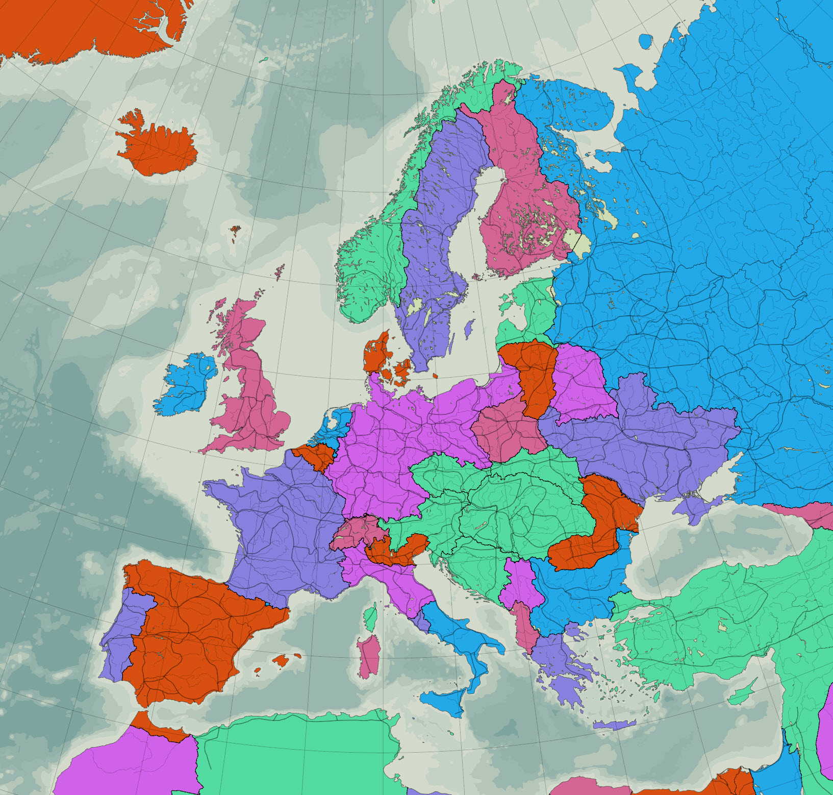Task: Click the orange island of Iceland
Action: click(x=158, y=145)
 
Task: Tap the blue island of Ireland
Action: click(x=186, y=385)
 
